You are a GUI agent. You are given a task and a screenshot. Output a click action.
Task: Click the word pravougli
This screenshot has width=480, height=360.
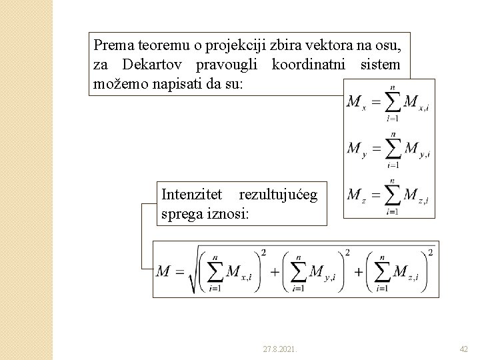click(229, 65)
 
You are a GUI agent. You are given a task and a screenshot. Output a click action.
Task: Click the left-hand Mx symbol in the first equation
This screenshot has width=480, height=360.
click(356, 103)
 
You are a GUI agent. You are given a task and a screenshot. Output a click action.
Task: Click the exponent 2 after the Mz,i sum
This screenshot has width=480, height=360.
click(430, 253)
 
